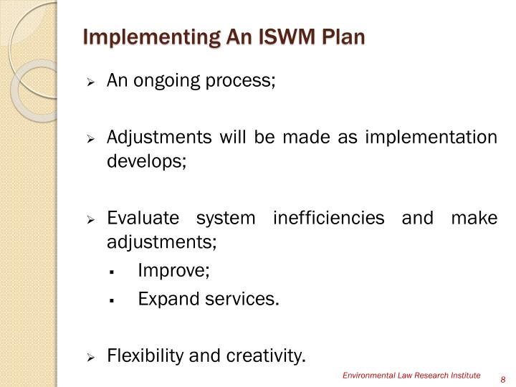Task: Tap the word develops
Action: click(146, 160)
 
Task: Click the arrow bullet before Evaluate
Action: click(90, 219)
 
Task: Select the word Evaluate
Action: click(136, 217)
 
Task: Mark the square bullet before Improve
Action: click(113, 272)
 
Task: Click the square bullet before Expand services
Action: click(113, 300)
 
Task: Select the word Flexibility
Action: click(144, 355)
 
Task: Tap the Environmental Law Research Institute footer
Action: click(411, 376)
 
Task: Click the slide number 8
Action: click(503, 379)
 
